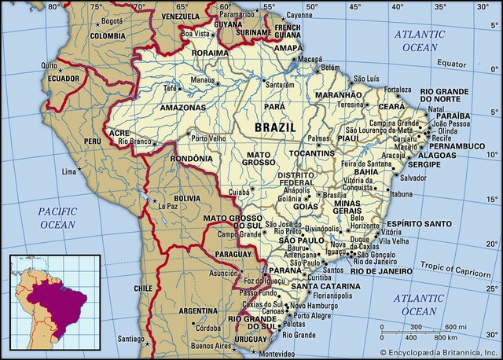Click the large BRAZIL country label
point(275,127)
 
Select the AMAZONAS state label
point(182,106)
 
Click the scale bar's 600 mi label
point(456,326)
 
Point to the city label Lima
point(71,171)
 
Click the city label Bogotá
point(112,20)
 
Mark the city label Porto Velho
point(208,138)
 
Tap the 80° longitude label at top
point(53,6)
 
